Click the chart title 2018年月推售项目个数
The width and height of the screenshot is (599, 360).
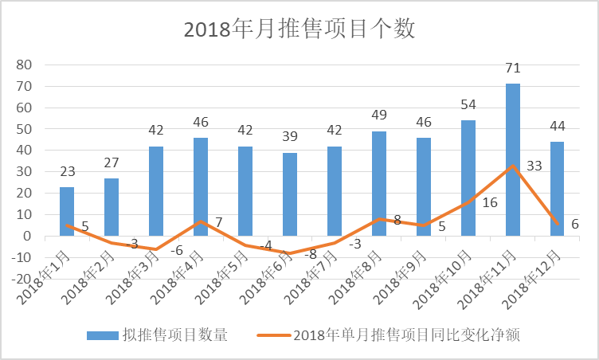[x=299, y=29]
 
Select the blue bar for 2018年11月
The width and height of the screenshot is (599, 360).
[x=513, y=159]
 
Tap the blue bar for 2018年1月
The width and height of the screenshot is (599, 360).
[x=67, y=211]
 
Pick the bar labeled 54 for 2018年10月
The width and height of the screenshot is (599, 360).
[x=468, y=178]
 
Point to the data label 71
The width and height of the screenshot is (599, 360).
[x=513, y=68]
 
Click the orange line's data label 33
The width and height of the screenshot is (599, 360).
[x=534, y=166]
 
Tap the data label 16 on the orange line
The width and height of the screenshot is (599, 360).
[x=490, y=203]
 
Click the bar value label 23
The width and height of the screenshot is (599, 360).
[x=67, y=171]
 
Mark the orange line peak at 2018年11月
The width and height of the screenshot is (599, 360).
[x=513, y=166]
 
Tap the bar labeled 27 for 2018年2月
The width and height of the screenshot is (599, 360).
[x=112, y=207]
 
